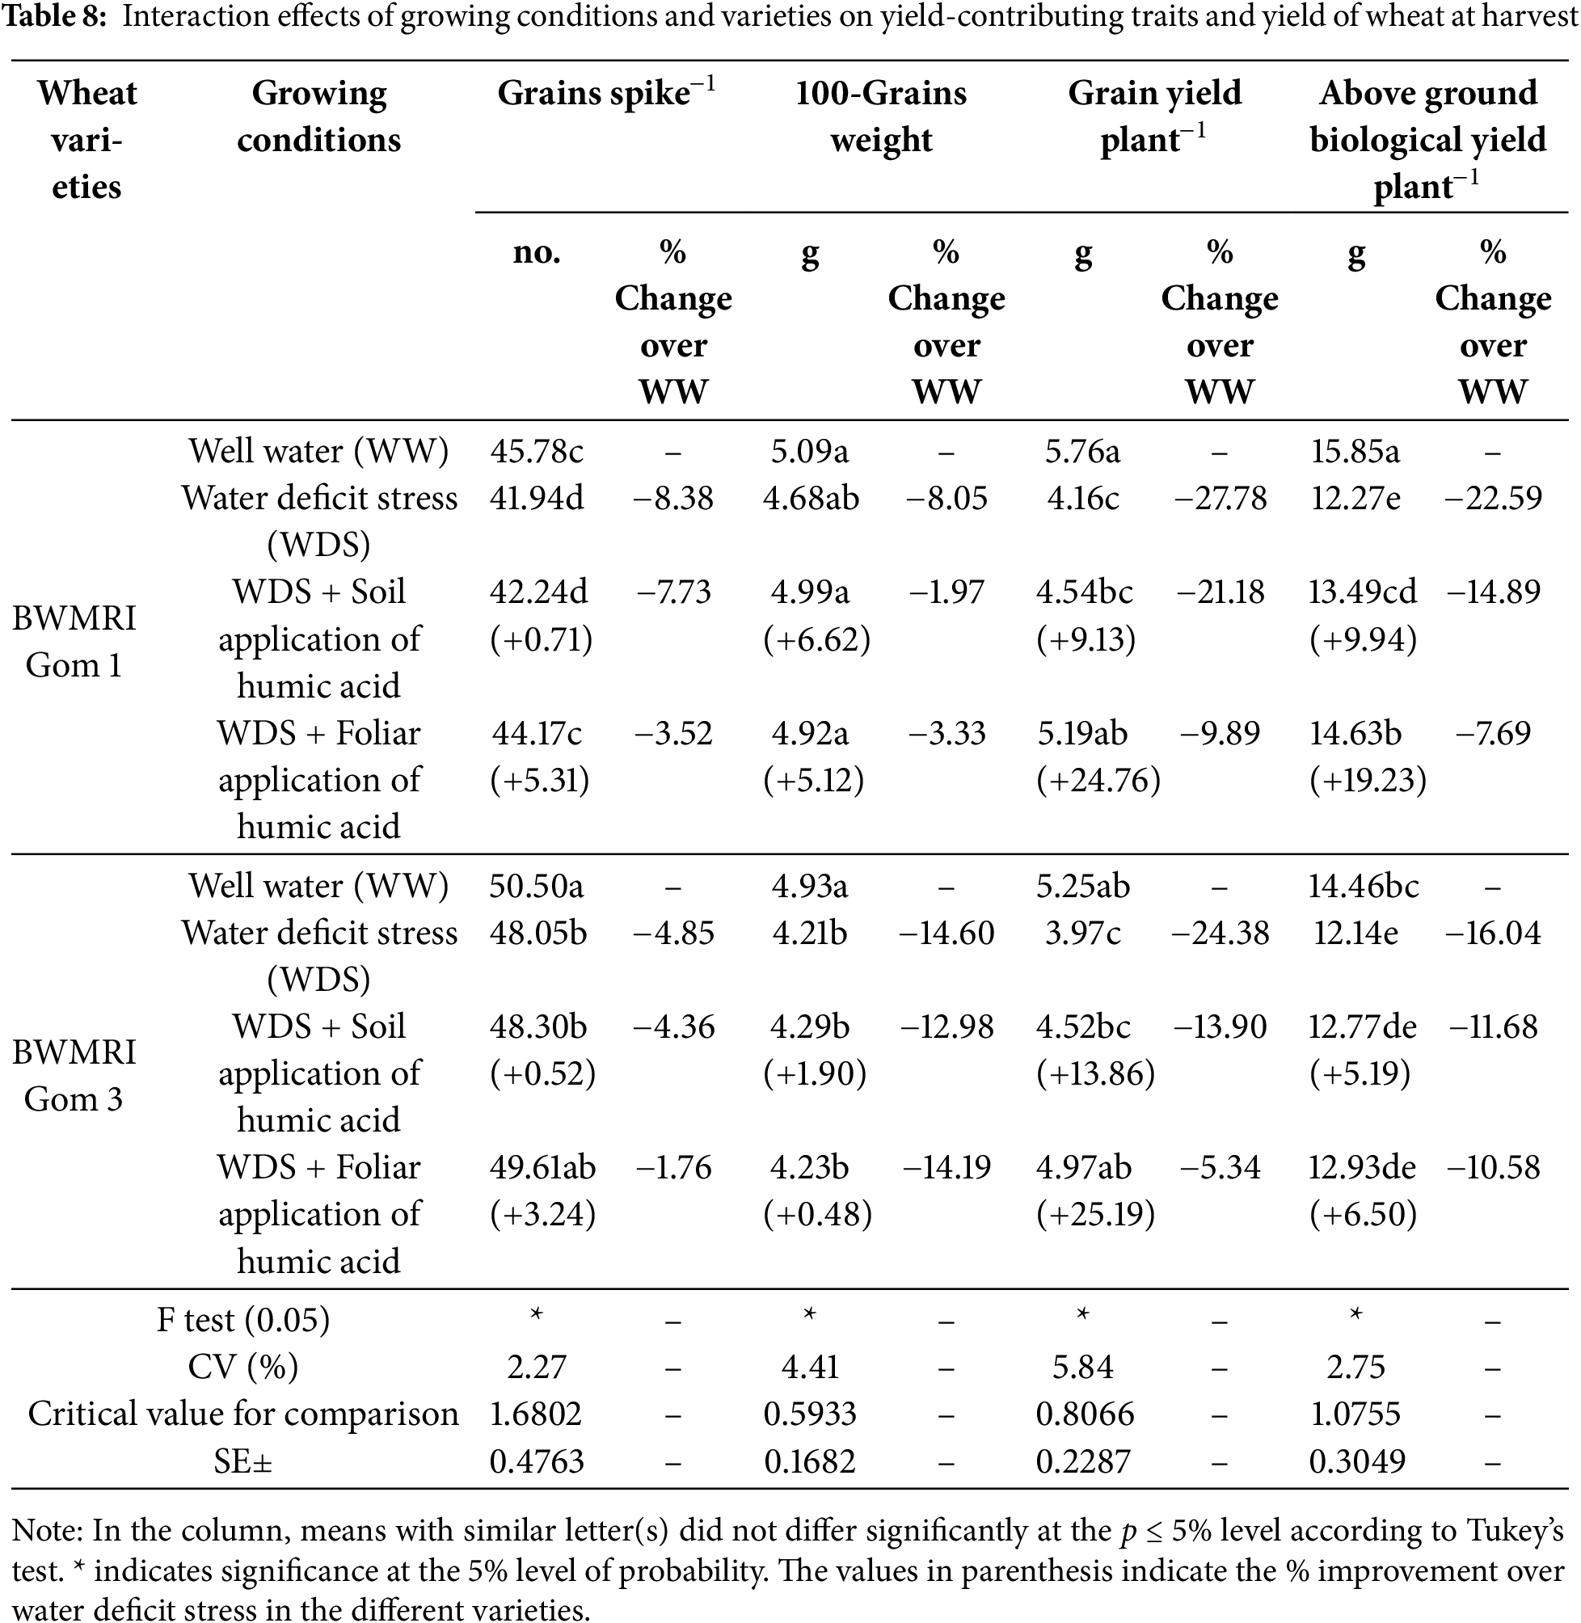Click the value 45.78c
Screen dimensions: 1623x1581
tap(537, 452)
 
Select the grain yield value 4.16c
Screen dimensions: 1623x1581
tap(1083, 498)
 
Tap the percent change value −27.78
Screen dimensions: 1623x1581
tap(1219, 498)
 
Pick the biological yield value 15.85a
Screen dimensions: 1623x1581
tap(1355, 452)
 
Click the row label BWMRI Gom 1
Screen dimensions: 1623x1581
tap(74, 641)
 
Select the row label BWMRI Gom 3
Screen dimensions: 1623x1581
tap(74, 1075)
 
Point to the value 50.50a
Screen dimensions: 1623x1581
tap(537, 886)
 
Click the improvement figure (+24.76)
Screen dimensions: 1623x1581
tap(1098, 780)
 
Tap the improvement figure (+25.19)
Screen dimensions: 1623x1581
tap(1095, 1215)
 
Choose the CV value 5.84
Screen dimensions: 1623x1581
tap(1083, 1368)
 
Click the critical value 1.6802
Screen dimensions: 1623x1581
tap(536, 1414)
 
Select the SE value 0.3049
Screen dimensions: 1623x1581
tap(1357, 1461)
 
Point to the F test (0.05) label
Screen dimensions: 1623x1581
tap(243, 1320)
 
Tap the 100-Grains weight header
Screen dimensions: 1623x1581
tap(881, 116)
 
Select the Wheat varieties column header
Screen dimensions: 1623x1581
tap(86, 140)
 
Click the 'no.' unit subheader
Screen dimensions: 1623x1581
tap(537, 251)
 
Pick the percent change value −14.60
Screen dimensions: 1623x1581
tap(946, 933)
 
